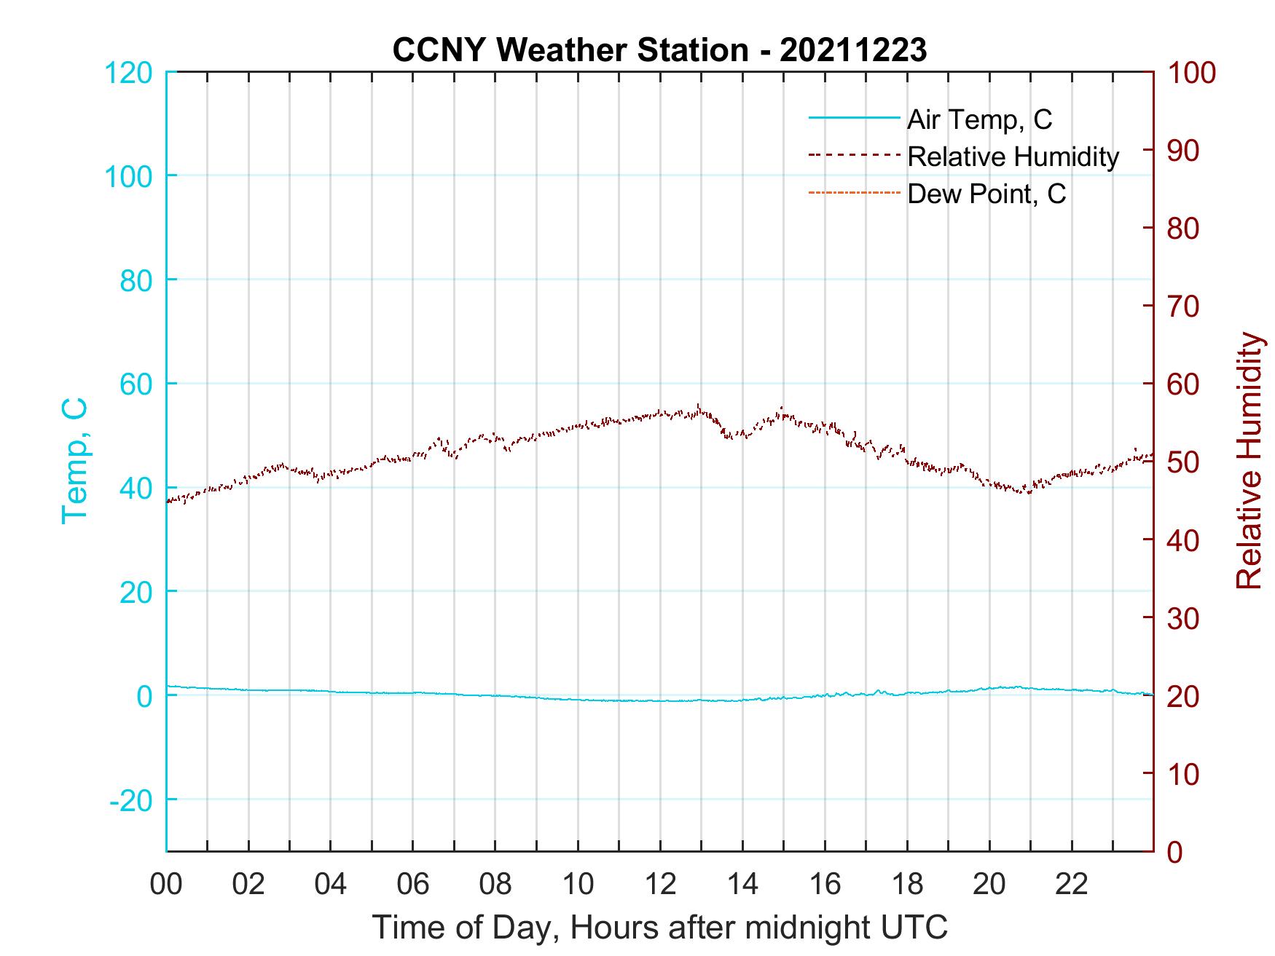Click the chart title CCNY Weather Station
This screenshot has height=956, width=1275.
click(x=659, y=50)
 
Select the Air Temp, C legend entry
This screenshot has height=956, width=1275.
click(x=979, y=119)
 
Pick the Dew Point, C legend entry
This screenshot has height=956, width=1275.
click(x=986, y=194)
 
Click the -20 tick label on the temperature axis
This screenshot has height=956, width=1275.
click(x=131, y=800)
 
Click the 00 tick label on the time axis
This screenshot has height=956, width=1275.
click(x=166, y=885)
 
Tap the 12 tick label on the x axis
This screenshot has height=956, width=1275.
click(x=660, y=885)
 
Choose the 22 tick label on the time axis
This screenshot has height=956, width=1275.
click(x=1072, y=885)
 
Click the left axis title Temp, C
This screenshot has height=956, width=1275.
click(x=74, y=461)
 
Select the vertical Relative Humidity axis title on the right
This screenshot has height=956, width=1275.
click(x=1249, y=461)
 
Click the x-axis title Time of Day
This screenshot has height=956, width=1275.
click(x=660, y=928)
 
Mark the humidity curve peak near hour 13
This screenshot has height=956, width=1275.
click(x=699, y=406)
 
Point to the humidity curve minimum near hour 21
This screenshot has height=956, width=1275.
click(x=1029, y=493)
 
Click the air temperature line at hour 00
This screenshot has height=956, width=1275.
click(x=168, y=686)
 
